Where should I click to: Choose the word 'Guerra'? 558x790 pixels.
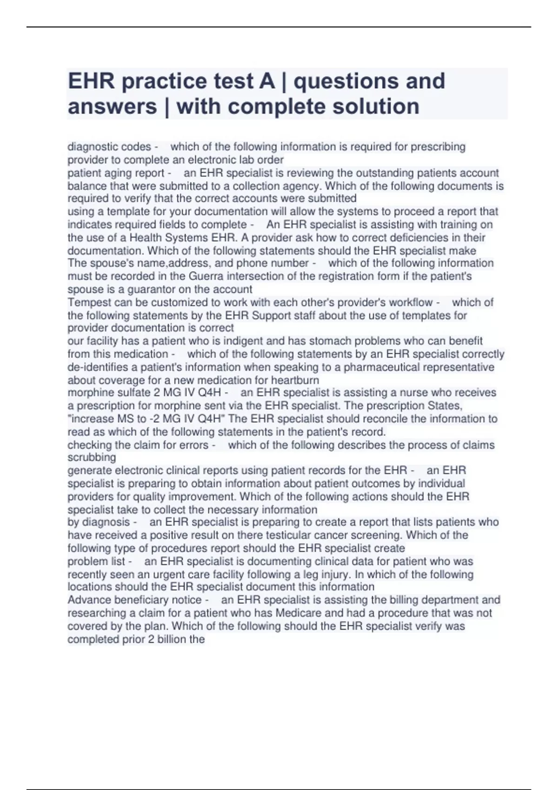click(x=206, y=276)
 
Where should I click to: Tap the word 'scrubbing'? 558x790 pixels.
click(x=91, y=457)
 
